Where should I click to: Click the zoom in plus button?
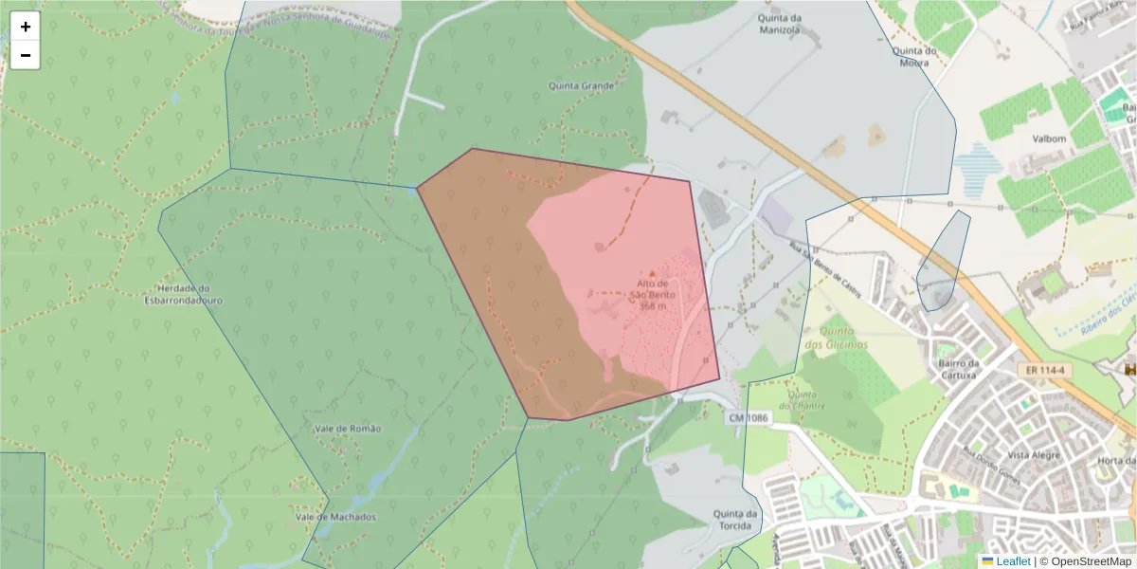click(26, 27)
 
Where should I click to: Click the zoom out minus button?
click(26, 56)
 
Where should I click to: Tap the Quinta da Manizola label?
click(780, 24)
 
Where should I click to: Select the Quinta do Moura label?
click(914, 57)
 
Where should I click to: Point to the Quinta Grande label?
click(582, 85)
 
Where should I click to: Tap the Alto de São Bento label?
click(651, 288)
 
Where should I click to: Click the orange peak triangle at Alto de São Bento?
click(651, 273)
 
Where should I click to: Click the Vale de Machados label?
click(335, 517)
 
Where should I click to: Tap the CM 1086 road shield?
click(749, 417)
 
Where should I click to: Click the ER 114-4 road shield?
click(1046, 369)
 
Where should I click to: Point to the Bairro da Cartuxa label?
click(958, 369)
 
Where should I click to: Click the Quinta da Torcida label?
click(736, 520)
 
